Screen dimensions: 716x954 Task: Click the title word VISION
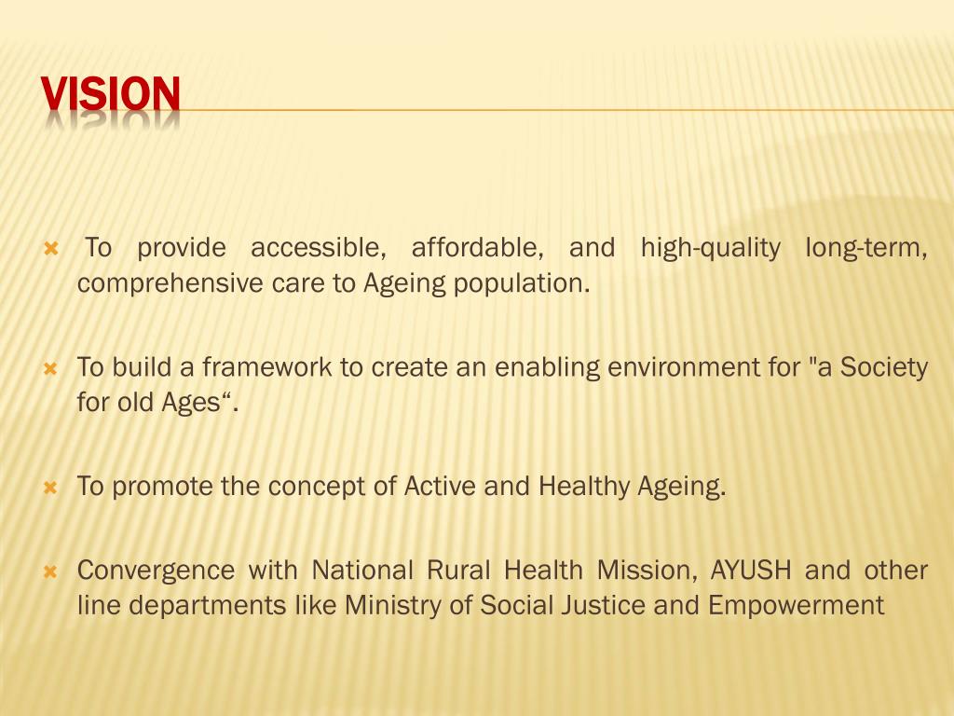click(111, 94)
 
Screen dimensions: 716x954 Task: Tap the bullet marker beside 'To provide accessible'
click(51, 250)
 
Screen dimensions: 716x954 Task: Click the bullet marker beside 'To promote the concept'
click(51, 488)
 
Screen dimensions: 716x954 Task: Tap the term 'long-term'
click(865, 248)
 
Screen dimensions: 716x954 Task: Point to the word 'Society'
click(884, 367)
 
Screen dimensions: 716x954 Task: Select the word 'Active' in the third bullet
click(437, 486)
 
